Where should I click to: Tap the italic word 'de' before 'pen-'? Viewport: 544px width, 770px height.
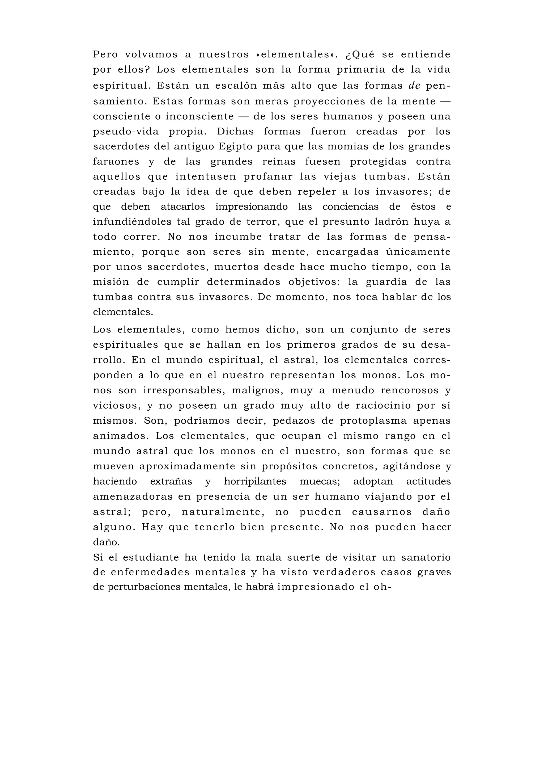[x=414, y=86]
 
